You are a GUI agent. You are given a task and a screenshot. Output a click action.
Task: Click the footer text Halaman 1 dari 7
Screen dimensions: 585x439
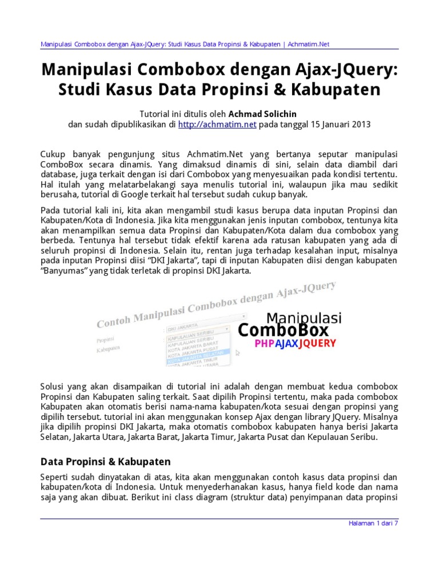[372, 523]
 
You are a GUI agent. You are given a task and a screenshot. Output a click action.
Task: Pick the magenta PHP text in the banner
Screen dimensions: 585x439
[265, 343]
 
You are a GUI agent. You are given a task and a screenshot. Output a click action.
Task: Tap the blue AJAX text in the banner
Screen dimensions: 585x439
[288, 343]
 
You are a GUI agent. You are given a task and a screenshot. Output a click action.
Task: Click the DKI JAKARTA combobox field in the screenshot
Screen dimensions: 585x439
[194, 330]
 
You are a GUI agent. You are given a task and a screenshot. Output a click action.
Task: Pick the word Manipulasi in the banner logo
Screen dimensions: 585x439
[304, 317]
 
